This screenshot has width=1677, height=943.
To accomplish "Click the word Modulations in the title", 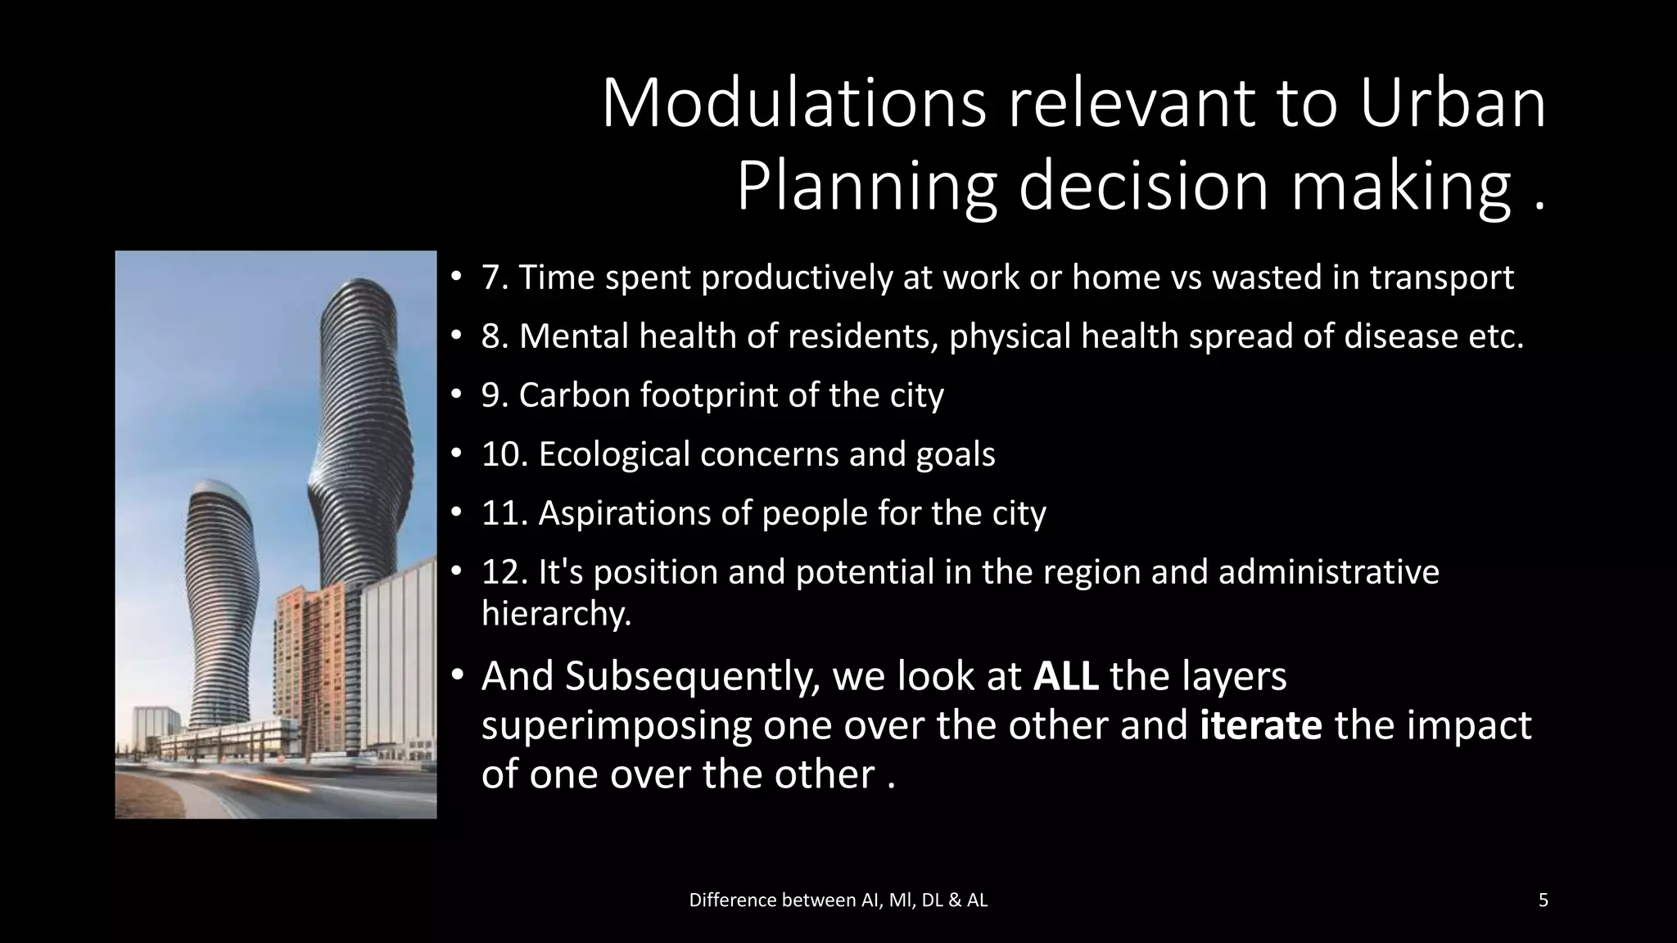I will (x=793, y=105).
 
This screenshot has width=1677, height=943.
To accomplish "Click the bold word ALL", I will (x=1065, y=677).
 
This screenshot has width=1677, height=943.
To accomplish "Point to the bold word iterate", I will (x=1260, y=726).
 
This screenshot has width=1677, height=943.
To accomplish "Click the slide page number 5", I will (x=1543, y=900).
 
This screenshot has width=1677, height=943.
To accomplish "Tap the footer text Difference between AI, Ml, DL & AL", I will (x=838, y=900).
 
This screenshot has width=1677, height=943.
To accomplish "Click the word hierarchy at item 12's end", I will (x=556, y=613).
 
